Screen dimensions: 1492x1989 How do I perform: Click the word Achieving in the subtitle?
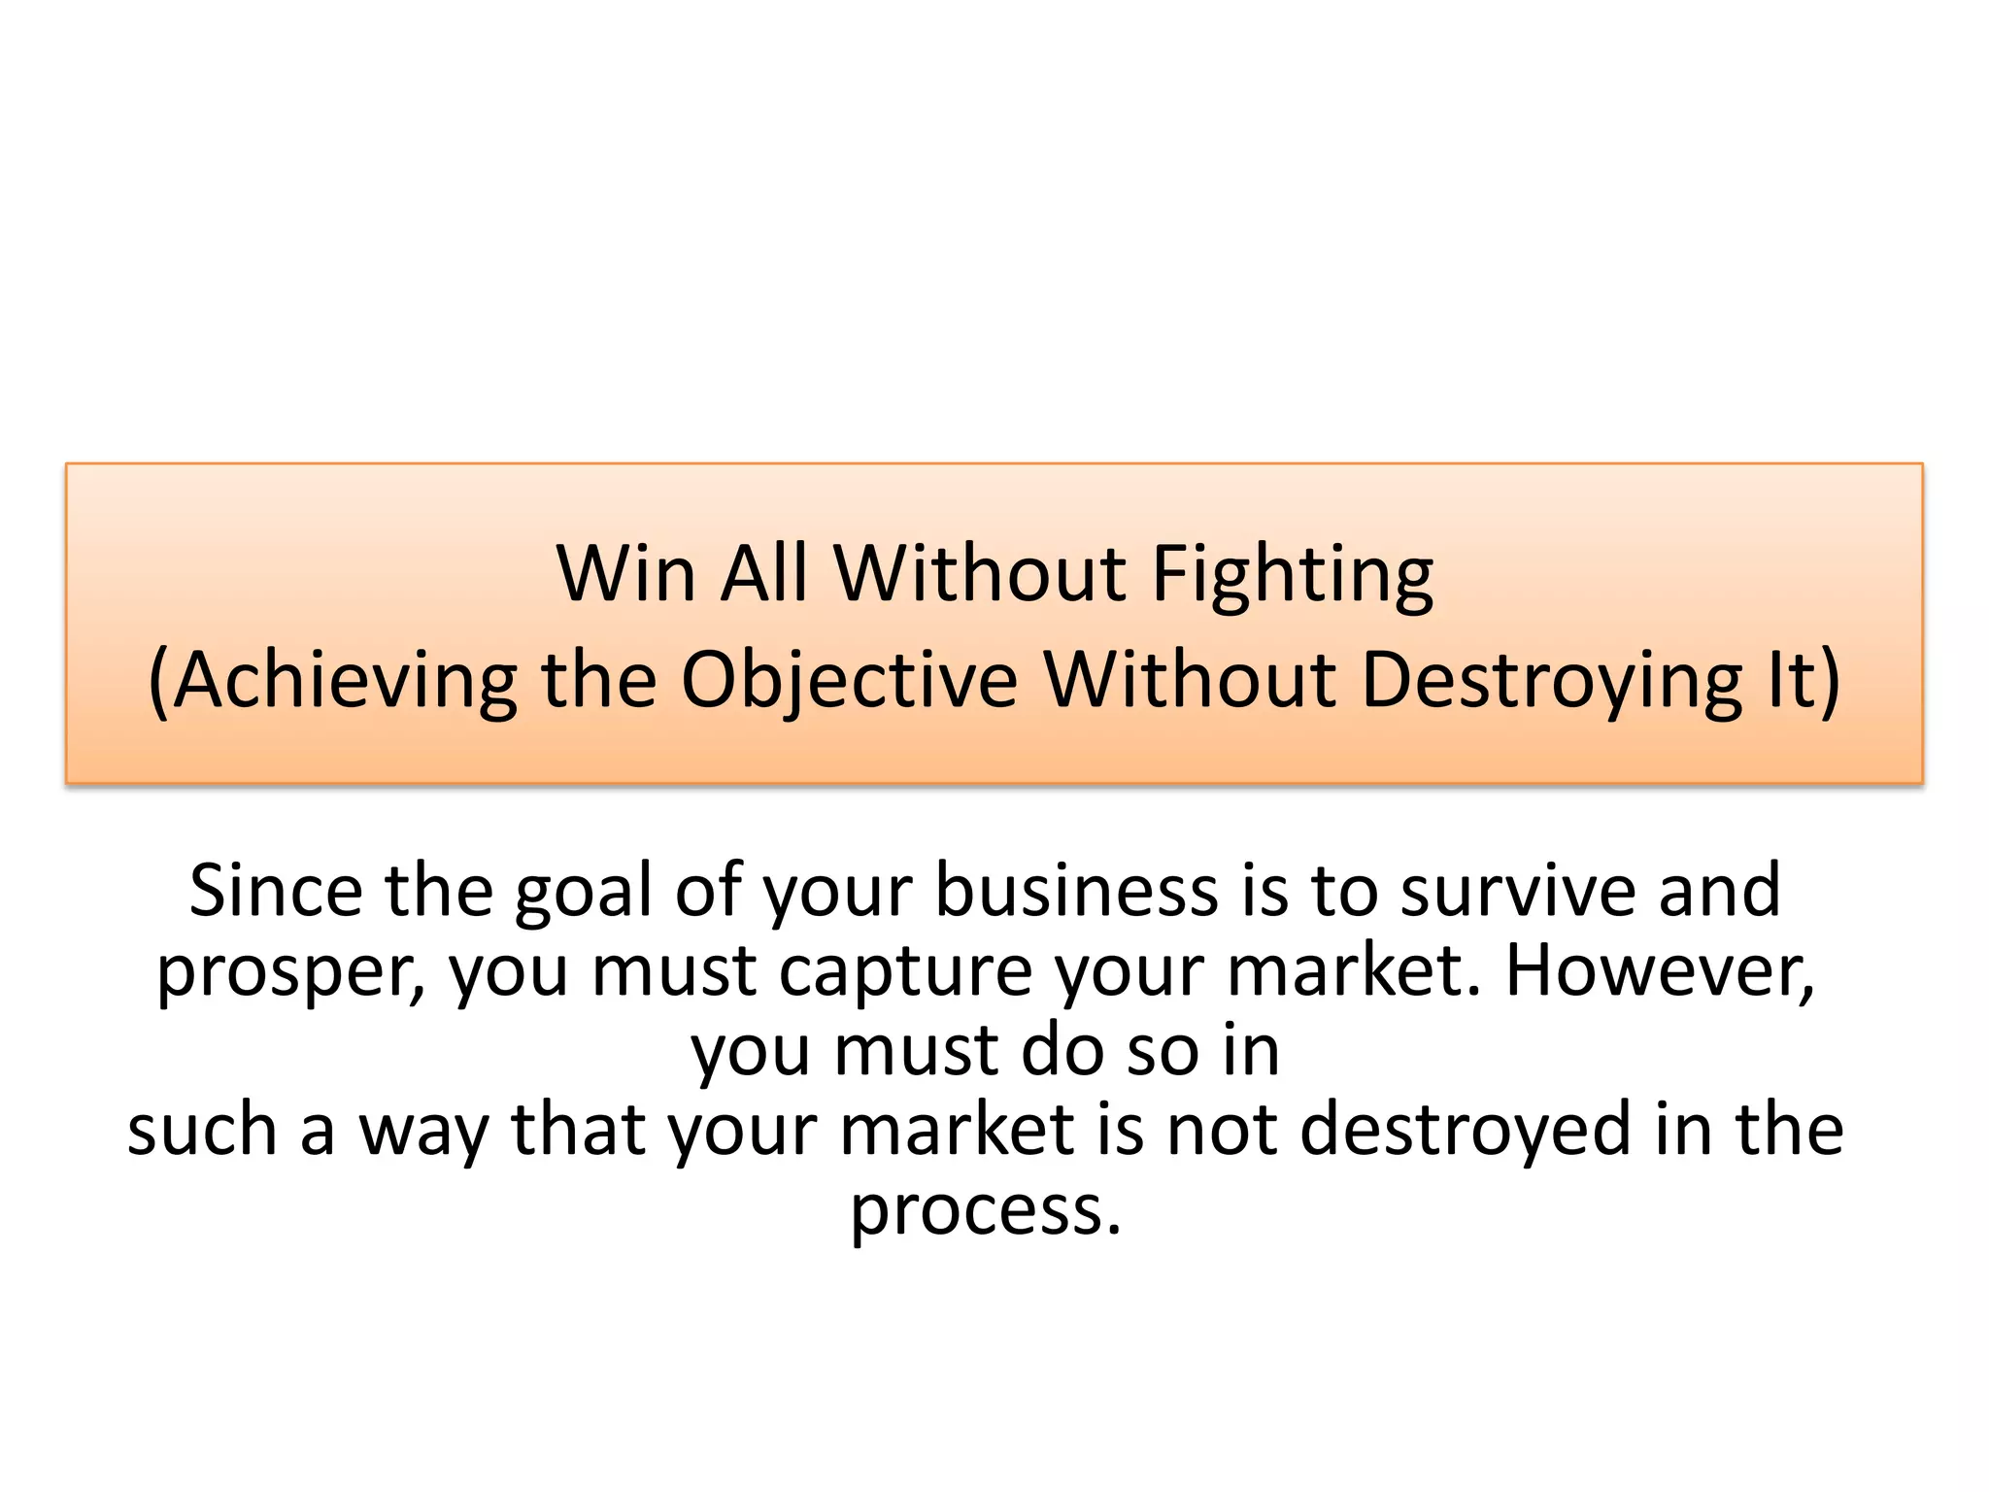(x=344, y=681)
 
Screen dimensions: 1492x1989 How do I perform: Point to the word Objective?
(x=849, y=681)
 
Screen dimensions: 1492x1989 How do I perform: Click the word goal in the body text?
(x=587, y=892)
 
